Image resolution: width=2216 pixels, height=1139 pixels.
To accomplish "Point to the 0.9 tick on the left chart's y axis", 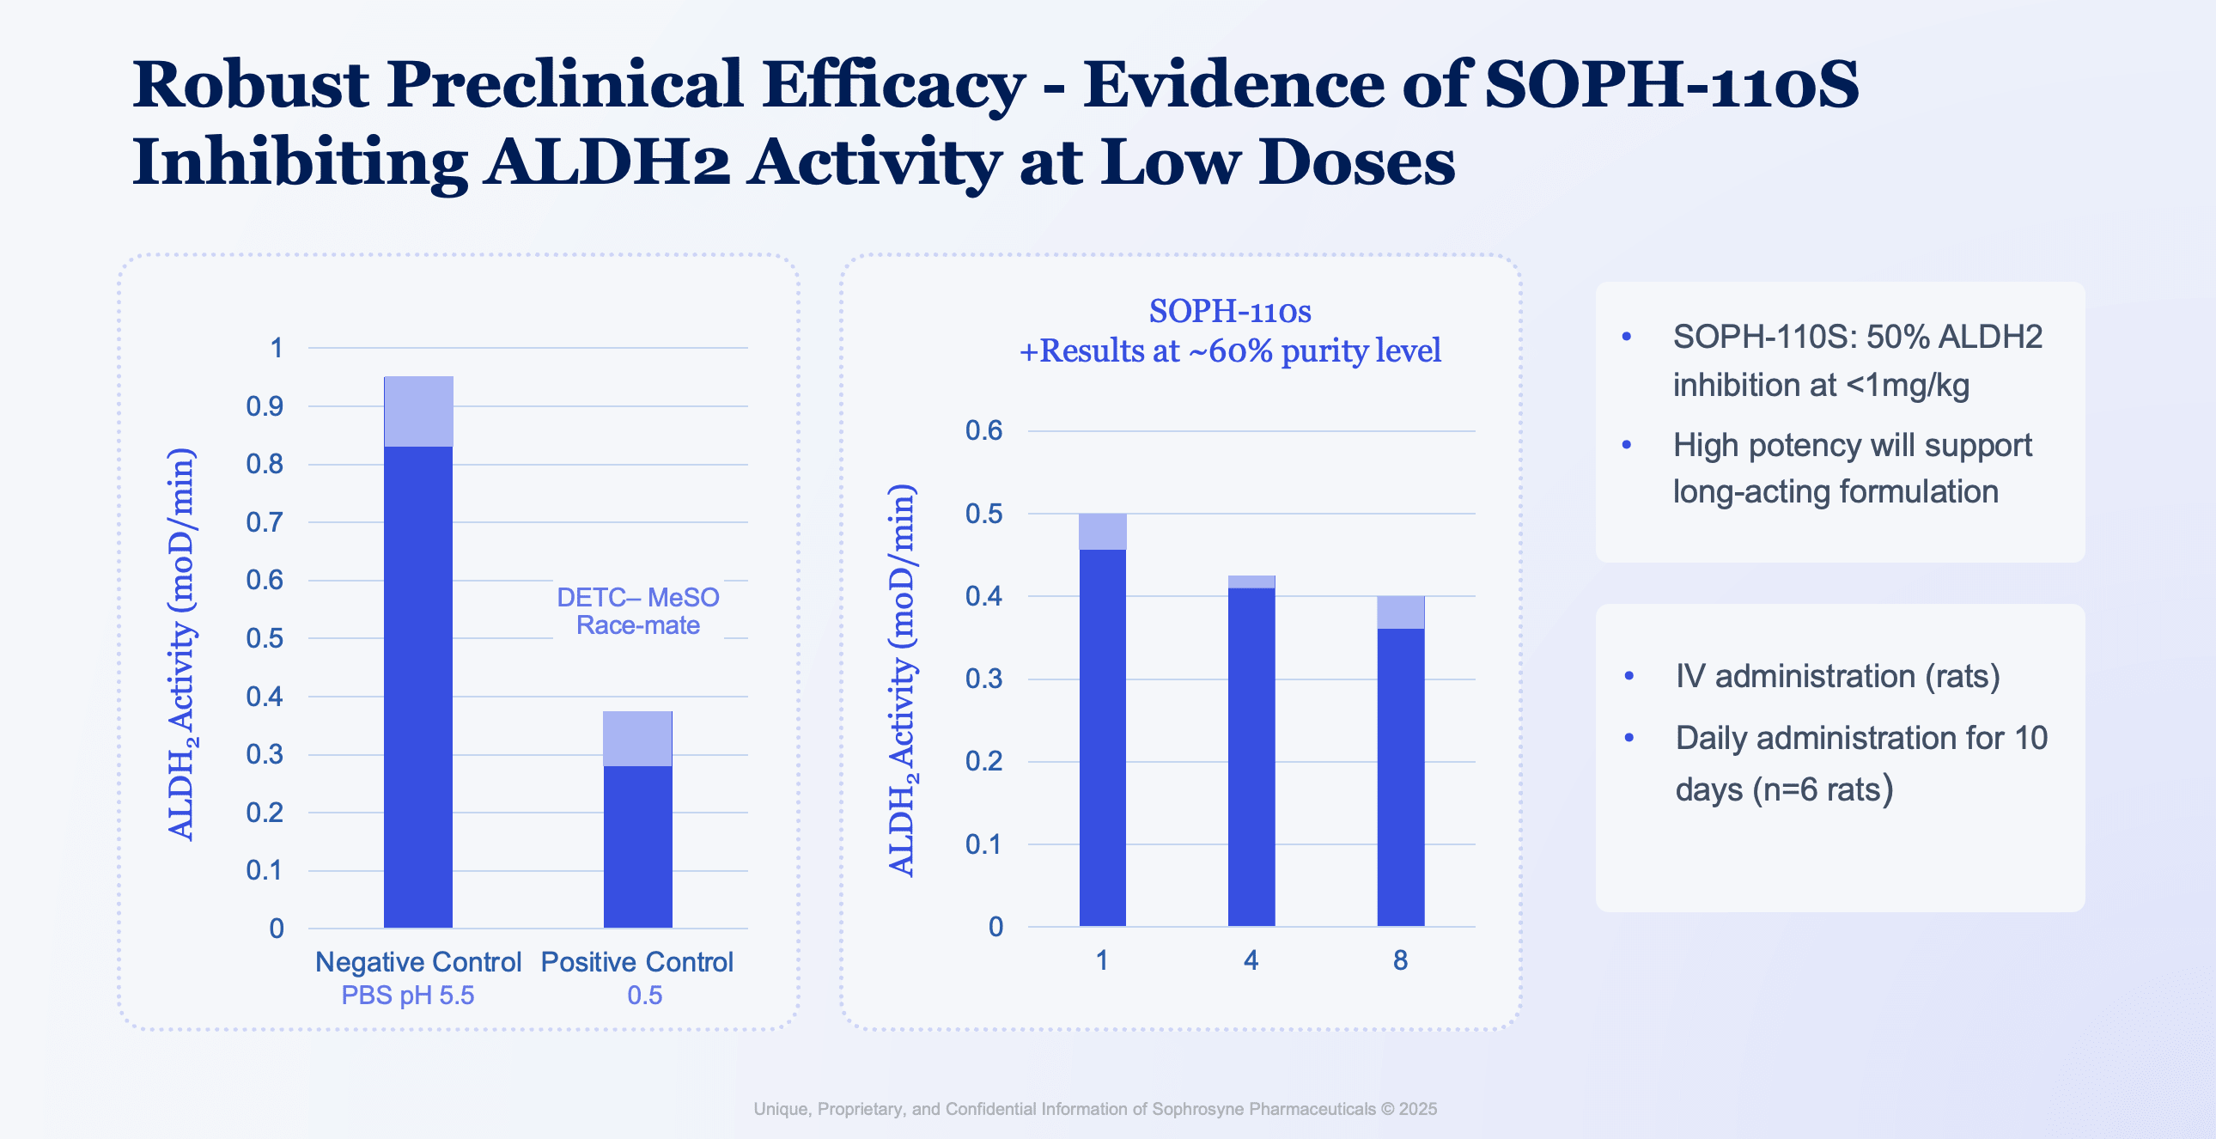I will click(x=264, y=406).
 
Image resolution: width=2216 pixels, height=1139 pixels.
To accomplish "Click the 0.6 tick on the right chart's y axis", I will click(x=983, y=430).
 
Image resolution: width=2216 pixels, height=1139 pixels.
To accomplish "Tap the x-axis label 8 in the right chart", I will click(x=1400, y=960).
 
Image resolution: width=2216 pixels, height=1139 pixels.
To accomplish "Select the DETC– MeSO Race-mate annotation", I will click(x=637, y=611).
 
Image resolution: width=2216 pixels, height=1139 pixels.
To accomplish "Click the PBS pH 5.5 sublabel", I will click(x=407, y=996).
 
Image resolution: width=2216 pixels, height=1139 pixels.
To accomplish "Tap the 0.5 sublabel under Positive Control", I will click(x=644, y=996).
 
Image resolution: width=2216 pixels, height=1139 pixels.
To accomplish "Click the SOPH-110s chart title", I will click(x=1229, y=312).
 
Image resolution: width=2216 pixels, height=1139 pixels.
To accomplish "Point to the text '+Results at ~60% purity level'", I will click(x=1229, y=351).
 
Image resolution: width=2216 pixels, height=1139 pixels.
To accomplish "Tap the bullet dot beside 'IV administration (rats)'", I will click(x=1629, y=676).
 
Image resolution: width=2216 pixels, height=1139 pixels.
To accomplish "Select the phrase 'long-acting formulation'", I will click(x=1835, y=492).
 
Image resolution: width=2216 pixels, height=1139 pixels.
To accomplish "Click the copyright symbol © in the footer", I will click(x=1387, y=1109).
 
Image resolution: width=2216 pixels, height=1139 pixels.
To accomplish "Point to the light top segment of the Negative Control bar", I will click(x=418, y=411).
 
